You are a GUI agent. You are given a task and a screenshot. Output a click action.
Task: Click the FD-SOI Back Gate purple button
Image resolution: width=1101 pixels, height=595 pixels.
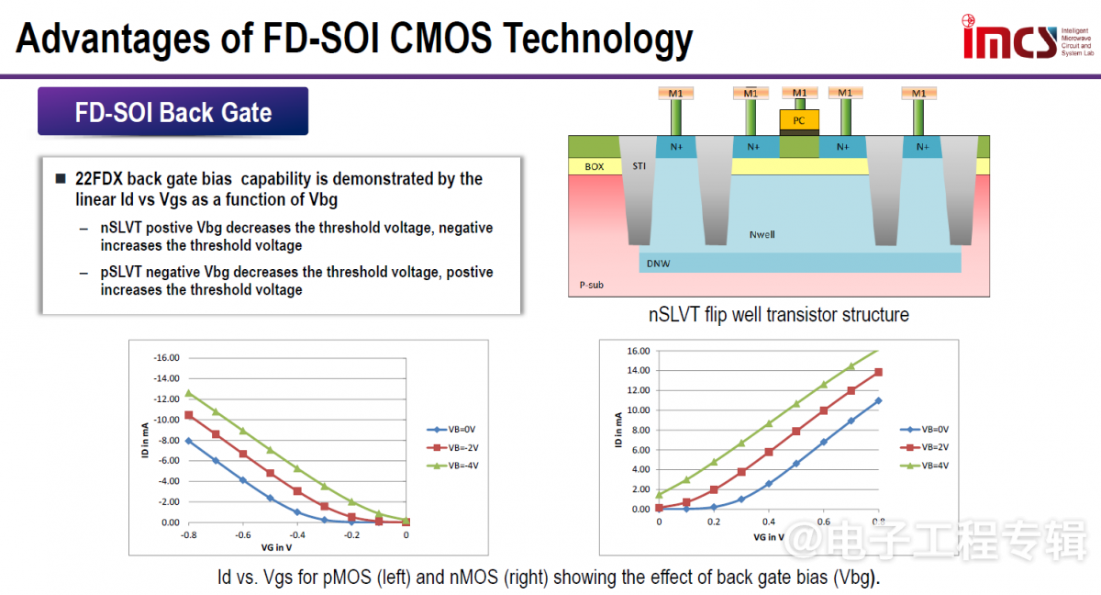click(173, 112)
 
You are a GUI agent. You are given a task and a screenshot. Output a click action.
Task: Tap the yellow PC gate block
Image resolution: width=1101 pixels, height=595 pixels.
click(799, 119)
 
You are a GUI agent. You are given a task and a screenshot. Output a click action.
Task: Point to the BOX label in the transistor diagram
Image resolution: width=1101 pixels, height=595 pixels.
click(594, 167)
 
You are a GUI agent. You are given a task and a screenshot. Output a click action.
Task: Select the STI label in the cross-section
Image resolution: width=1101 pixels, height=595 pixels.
click(639, 166)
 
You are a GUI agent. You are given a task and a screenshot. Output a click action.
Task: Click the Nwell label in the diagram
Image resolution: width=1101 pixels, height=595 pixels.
click(762, 234)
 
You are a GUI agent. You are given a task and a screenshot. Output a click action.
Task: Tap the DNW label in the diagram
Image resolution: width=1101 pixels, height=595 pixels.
click(659, 263)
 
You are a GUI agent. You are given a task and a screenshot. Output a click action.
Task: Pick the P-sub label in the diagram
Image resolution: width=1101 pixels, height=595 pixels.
click(592, 285)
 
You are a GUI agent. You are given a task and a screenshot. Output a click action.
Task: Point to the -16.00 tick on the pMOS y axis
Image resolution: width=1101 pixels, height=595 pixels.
click(167, 358)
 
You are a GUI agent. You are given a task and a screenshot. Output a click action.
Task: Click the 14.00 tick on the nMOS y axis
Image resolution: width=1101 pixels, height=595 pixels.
click(638, 370)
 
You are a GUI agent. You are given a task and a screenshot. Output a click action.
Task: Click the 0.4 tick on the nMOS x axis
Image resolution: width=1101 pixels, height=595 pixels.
click(768, 522)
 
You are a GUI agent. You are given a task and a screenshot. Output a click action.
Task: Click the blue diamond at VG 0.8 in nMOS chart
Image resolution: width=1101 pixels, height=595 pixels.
click(878, 400)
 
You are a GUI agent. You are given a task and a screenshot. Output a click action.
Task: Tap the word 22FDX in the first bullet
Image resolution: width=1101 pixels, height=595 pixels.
click(100, 179)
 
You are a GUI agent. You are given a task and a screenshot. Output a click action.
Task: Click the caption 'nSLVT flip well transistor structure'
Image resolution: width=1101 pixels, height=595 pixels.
click(779, 315)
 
